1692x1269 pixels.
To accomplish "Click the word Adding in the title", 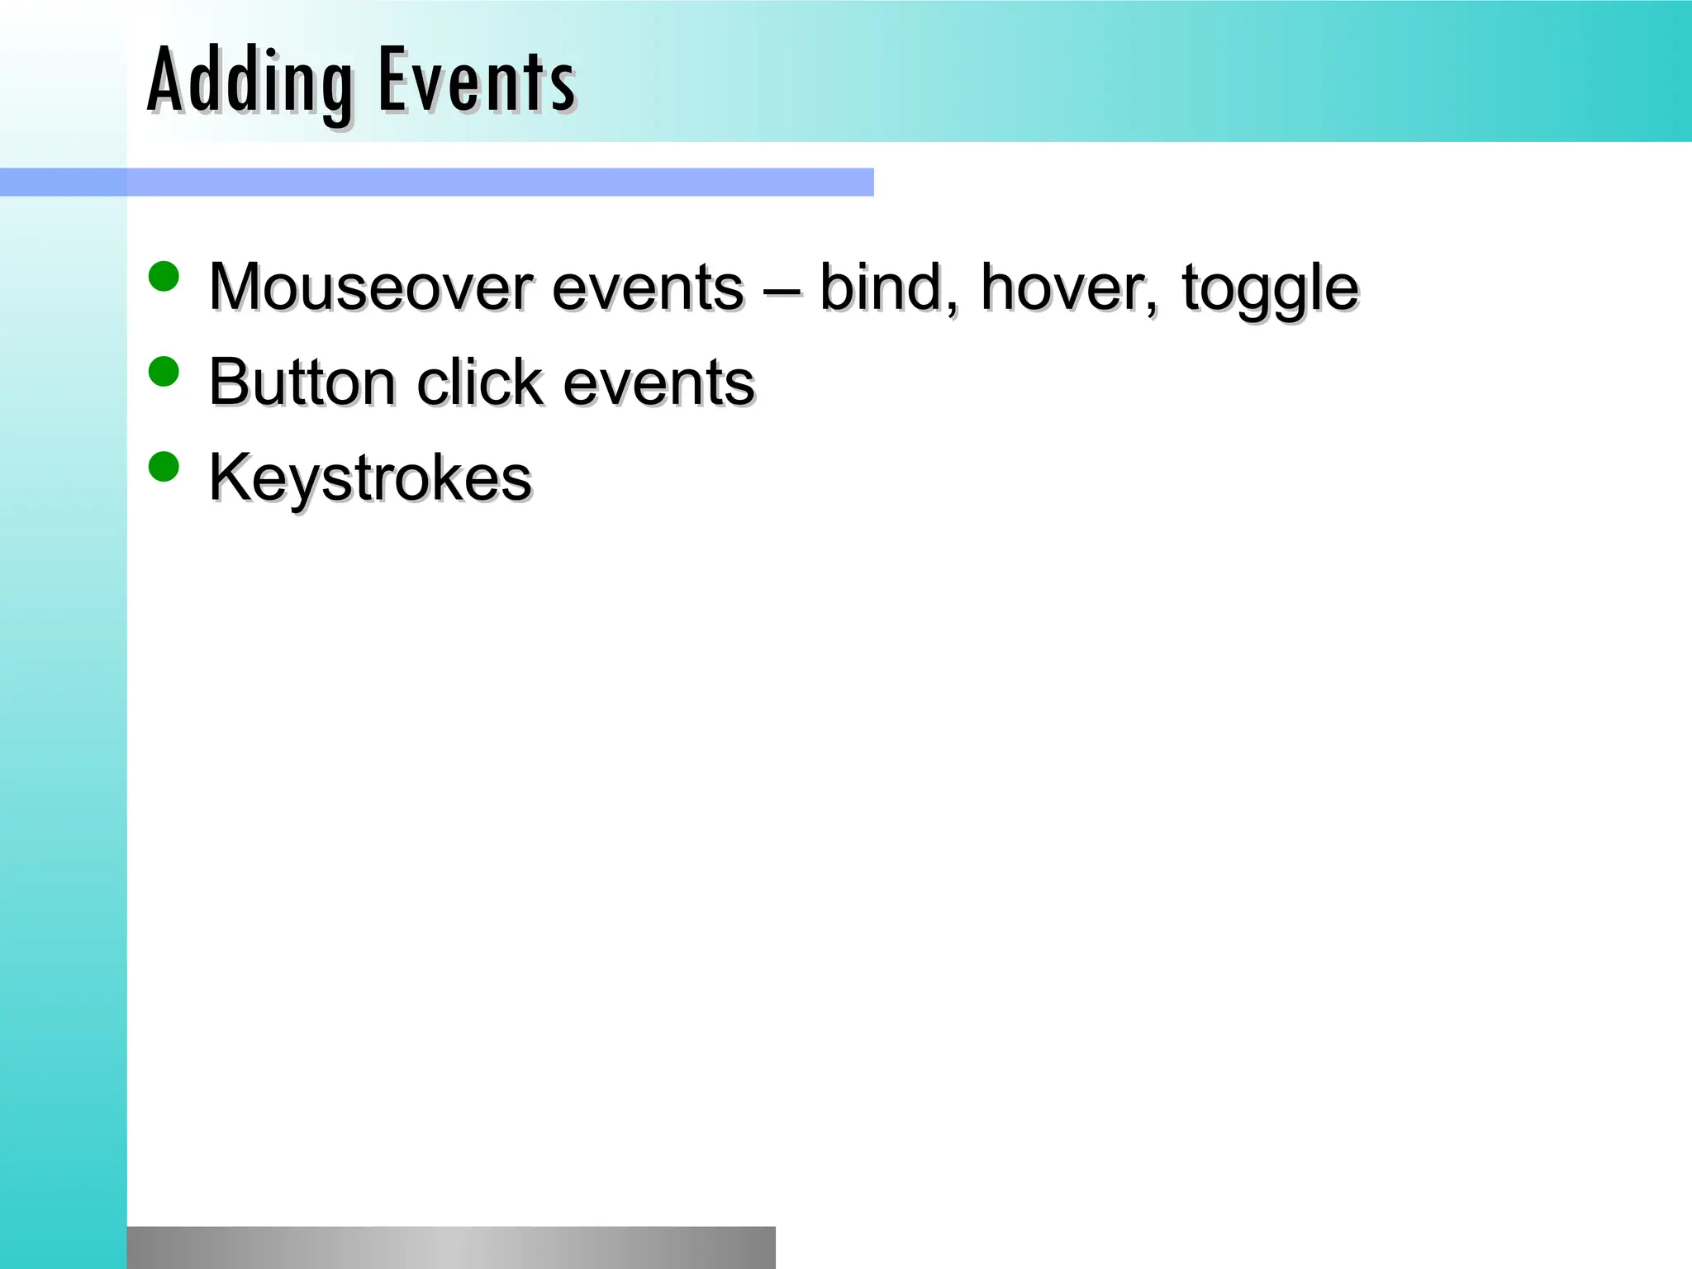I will tap(250, 81).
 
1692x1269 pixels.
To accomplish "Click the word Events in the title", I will tap(477, 81).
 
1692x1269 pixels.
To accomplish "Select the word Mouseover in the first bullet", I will tap(371, 288).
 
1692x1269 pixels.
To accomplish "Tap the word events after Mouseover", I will tap(648, 288).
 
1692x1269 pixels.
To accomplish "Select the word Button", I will tap(302, 383).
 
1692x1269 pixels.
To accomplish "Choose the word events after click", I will tap(658, 383).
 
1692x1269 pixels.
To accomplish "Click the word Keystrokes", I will tap(370, 478).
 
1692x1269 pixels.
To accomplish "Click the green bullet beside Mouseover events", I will tap(164, 277).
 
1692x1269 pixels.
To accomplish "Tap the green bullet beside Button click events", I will tap(164, 372).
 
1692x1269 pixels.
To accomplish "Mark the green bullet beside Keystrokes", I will tap(164, 467).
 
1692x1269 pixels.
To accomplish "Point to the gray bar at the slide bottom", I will tap(451, 1248).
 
